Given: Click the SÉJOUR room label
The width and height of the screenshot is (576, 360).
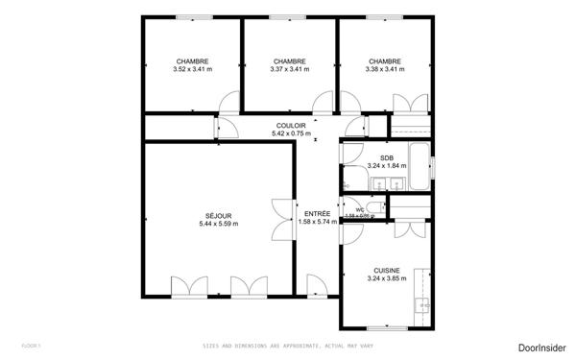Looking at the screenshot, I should tap(218, 215).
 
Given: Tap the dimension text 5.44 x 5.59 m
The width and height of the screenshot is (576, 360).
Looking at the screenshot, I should tap(218, 224).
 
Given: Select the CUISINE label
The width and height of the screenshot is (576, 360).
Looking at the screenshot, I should tap(386, 271).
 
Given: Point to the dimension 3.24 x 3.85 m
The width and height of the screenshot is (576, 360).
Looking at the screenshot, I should tap(386, 279).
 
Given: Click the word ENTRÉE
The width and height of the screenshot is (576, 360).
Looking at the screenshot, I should tap(318, 213).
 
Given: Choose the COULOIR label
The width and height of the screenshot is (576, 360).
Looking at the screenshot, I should tap(291, 126).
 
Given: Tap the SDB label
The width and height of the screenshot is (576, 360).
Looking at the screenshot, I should tap(386, 157).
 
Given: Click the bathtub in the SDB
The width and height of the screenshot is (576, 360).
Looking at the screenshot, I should tap(420, 168).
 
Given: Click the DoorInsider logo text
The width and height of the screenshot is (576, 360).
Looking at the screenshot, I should tap(541, 346).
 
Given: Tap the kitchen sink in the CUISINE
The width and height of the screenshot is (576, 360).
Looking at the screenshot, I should tap(420, 307).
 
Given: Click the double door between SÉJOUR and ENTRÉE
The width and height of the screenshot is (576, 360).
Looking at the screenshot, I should tap(282, 219).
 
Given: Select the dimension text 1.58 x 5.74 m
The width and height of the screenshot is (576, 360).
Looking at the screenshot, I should tap(318, 222).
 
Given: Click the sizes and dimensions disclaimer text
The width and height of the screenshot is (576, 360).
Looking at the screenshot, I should tap(288, 346).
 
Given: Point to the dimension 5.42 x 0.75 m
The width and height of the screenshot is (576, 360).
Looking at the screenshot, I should tap(291, 134).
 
